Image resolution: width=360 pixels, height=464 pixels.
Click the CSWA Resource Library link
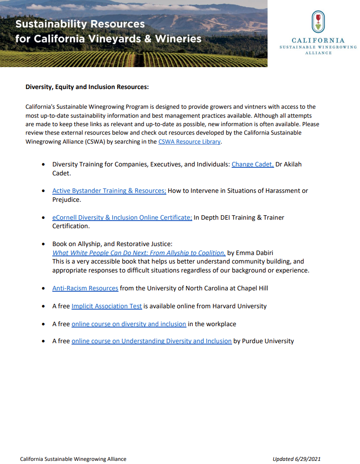pyautogui.click(x=189, y=142)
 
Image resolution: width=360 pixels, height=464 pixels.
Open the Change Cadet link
pyautogui.click(x=252, y=164)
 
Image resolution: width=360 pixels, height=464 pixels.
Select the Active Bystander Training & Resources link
pyautogui.click(x=109, y=191)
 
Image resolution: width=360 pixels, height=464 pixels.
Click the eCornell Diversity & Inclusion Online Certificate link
pyautogui.click(x=122, y=217)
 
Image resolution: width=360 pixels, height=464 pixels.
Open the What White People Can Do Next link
pyautogui.click(x=139, y=253)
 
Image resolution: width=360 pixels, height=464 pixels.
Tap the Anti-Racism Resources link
pyautogui.click(x=85, y=288)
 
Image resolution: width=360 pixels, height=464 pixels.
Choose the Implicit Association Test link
pyautogui.click(x=106, y=306)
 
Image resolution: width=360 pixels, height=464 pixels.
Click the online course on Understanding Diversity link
pyautogui.click(x=151, y=341)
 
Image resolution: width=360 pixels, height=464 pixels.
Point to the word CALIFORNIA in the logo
pyautogui.click(x=318, y=41)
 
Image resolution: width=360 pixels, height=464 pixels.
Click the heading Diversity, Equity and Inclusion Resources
pyautogui.click(x=87, y=87)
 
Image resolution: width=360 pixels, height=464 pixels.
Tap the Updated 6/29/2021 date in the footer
pyautogui.click(x=296, y=459)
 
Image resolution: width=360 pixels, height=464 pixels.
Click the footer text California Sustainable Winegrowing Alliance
pyautogui.click(x=73, y=459)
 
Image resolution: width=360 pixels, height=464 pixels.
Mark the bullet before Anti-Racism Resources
pyautogui.click(x=43, y=289)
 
